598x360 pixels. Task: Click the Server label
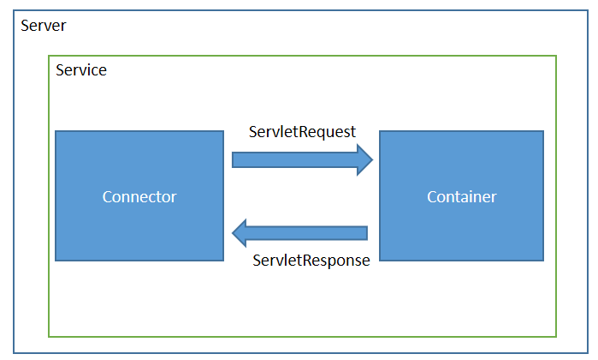[43, 26]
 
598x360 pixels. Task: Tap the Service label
[81, 70]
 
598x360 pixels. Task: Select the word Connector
[139, 197]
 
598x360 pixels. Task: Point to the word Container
[461, 197]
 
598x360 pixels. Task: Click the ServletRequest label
[302, 132]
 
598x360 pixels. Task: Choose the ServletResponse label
[311, 261]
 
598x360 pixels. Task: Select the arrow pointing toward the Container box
[303, 159]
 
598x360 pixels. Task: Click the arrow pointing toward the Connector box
[299, 233]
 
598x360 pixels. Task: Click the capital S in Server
[25, 26]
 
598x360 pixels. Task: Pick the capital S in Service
[60, 70]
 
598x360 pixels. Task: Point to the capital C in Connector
[107, 197]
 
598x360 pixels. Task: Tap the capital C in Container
[432, 197]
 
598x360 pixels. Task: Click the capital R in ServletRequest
[303, 132]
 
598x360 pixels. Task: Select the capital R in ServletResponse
[307, 261]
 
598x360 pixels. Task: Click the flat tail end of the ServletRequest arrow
[232, 159]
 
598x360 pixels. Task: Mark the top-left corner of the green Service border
[49, 56]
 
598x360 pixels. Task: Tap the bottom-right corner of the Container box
[543, 261]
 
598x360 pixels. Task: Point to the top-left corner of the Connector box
[56, 131]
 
